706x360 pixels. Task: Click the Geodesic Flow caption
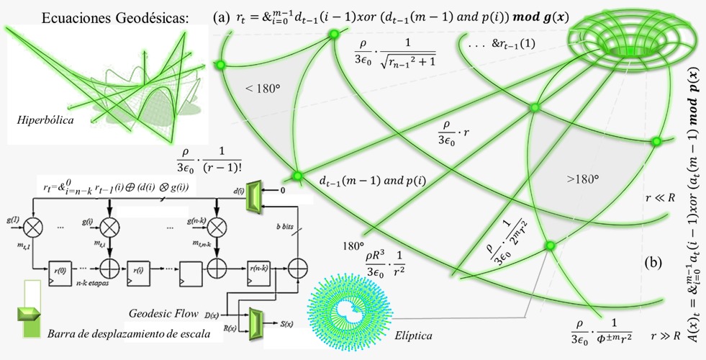(x=163, y=313)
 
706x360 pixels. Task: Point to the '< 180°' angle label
(x=260, y=89)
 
